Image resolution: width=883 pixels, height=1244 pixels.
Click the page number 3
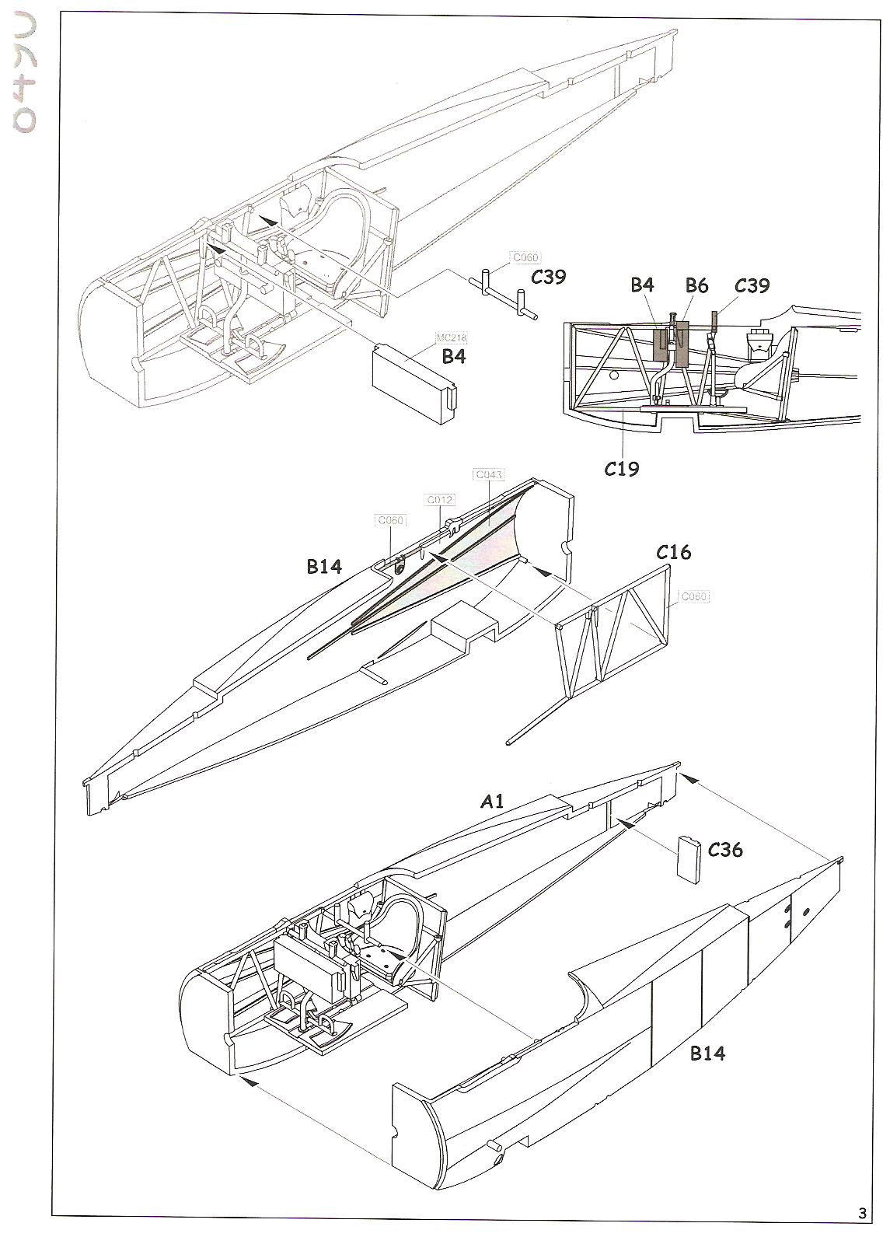pos(862,1214)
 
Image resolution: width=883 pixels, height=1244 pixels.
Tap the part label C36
pos(725,850)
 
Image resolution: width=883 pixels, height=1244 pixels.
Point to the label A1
pos(491,801)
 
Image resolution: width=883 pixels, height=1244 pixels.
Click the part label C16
pos(673,553)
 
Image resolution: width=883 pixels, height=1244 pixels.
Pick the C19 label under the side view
pos(622,468)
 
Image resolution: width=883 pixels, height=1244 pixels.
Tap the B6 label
pos(696,285)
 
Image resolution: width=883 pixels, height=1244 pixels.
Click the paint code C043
pos(488,474)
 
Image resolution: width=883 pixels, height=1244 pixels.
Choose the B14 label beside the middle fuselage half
pos(324,567)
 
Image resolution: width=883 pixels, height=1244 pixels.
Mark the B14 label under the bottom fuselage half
pos(707,1054)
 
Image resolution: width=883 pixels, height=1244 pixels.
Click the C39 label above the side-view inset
pos(752,285)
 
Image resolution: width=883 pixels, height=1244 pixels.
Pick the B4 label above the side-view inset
pos(642,285)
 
